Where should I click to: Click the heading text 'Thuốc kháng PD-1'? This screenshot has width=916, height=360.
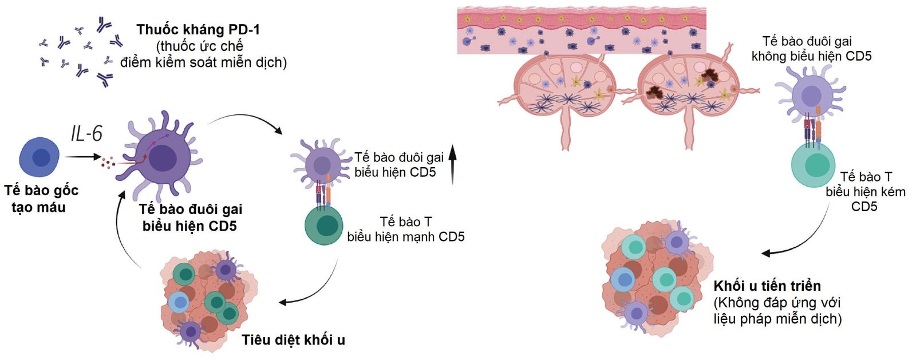tap(198, 29)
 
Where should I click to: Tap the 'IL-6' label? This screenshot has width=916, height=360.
tap(86, 133)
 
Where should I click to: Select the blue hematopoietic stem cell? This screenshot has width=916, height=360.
tap(40, 157)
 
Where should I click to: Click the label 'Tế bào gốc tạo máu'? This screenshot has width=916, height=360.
tap(41, 199)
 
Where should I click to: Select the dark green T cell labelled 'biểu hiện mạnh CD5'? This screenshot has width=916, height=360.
tap(324, 226)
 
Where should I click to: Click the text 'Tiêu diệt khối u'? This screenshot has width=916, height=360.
tap(293, 340)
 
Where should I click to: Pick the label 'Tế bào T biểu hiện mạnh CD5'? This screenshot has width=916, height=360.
tap(405, 229)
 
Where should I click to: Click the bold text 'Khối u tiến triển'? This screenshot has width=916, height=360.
tap(767, 286)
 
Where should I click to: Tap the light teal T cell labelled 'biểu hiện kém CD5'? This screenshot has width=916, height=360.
tap(814, 165)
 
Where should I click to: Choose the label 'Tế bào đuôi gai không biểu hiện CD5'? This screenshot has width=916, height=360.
tap(811, 49)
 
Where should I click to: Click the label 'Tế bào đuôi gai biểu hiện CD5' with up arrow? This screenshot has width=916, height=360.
tap(398, 164)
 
